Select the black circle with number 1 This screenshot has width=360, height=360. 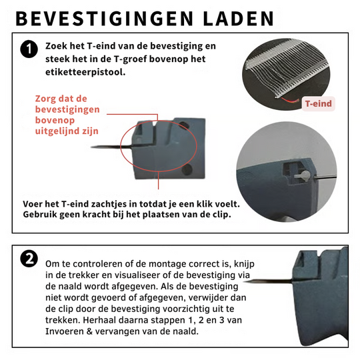click(x=29, y=49)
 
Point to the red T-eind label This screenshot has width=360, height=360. click(x=319, y=103)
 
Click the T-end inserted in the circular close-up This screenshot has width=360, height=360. click(x=301, y=174)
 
